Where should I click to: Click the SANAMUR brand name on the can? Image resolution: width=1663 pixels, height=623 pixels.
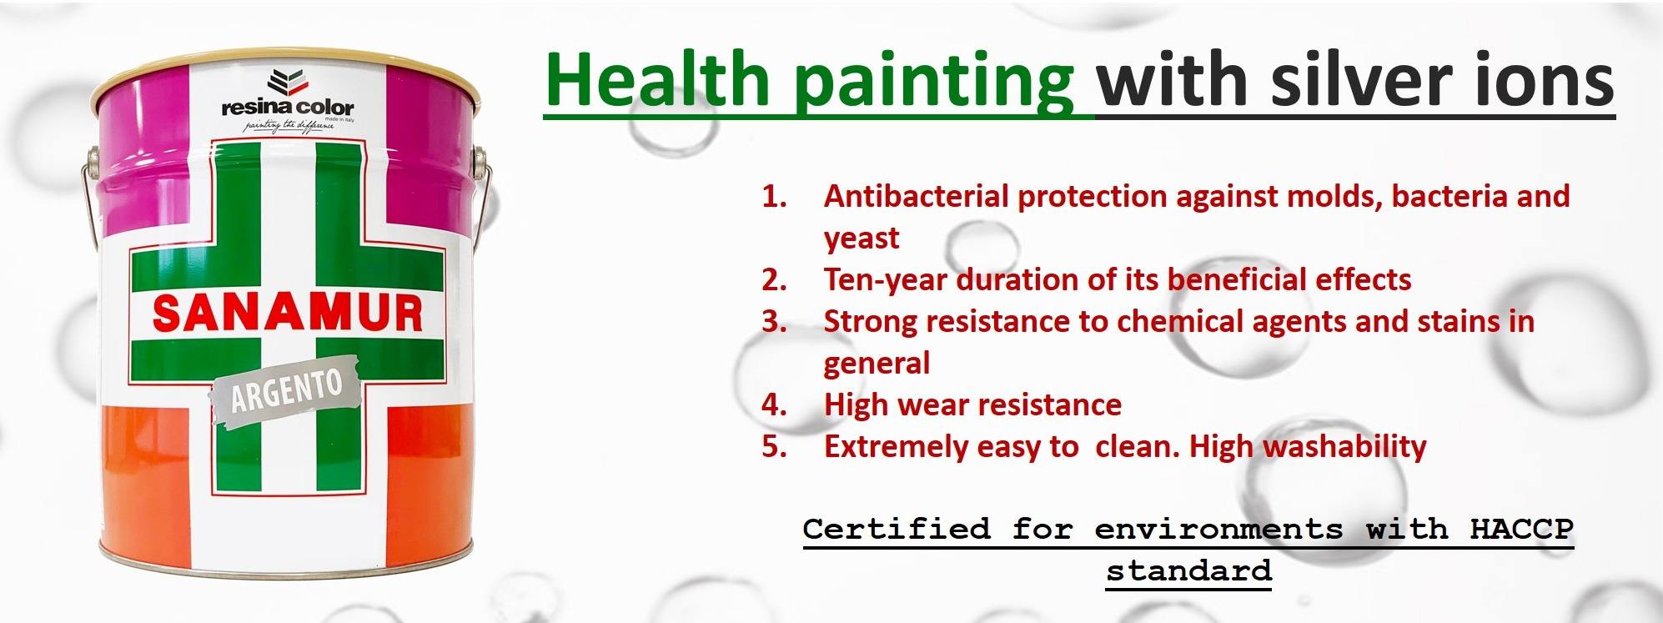pos(288,314)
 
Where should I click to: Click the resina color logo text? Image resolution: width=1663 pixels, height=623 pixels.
pos(288,108)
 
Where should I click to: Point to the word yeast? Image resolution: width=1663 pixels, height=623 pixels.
pos(862,239)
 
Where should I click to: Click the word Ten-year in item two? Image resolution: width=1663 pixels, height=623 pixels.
pos(885,279)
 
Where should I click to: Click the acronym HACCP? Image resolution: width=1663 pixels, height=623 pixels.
pos(1520,529)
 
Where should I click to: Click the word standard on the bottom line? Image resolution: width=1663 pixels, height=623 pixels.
pos(1188,571)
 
